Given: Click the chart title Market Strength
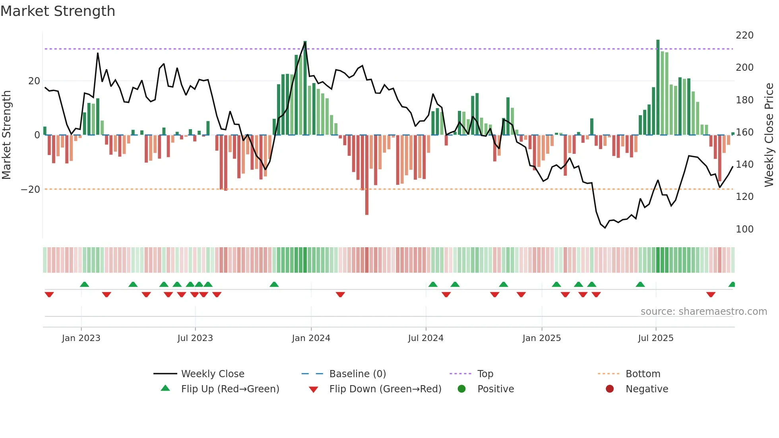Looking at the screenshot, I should [58, 11].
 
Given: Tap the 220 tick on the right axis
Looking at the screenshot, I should [744, 35].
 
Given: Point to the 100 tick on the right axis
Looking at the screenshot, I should [744, 229].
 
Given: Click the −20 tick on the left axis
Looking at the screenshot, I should [30, 190].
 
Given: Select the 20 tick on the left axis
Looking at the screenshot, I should [34, 81].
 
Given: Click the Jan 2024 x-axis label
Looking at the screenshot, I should [311, 338].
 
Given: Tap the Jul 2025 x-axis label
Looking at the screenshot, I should [655, 338].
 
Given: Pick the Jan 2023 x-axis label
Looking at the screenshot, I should [81, 338].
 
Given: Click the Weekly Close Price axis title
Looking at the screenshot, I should [769, 135].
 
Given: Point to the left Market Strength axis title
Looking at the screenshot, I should [6, 135].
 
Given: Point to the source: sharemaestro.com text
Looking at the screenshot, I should [703, 312].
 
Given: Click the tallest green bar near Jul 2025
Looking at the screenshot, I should [658, 87].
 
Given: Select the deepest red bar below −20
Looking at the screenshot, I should [367, 175].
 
